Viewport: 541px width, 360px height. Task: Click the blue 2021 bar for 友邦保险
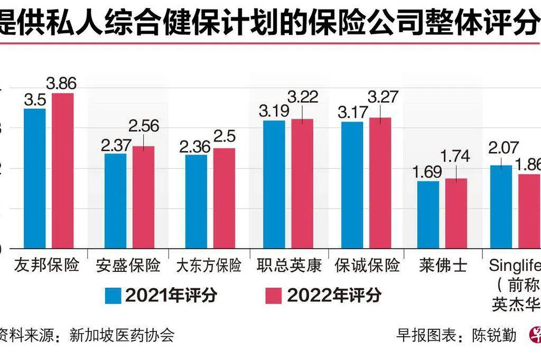(x=35, y=178)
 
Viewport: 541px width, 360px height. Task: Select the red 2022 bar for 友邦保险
(x=62, y=170)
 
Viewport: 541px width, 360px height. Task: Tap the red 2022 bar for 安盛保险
(x=143, y=197)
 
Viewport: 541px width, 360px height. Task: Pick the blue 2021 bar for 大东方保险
(x=197, y=201)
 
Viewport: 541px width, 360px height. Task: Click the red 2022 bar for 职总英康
(x=302, y=183)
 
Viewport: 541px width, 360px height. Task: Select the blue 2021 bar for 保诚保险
(x=352, y=185)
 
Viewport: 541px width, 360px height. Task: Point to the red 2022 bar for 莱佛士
(x=456, y=213)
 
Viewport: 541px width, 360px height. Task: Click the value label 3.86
(x=61, y=83)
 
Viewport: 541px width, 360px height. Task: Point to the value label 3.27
(x=383, y=97)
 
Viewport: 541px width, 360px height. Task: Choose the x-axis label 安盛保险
(x=128, y=265)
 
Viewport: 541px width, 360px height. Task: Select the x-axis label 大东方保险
(x=208, y=265)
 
